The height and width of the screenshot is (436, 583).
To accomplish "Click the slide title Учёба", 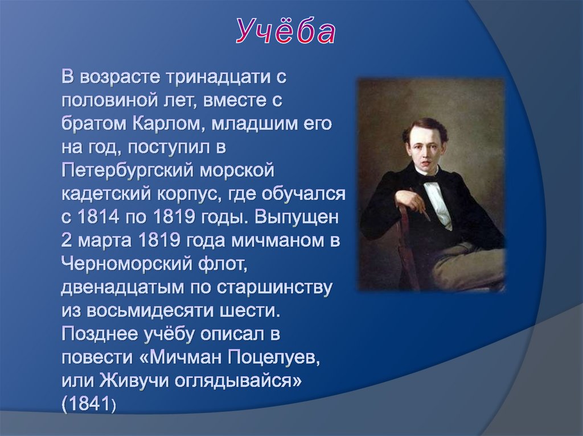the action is [x=286, y=31].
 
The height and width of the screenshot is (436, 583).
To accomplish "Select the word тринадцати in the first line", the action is [x=215, y=77].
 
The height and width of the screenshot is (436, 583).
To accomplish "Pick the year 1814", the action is [x=98, y=217].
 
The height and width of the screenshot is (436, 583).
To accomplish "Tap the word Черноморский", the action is [x=127, y=264].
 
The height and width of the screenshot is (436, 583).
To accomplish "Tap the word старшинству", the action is [x=274, y=288].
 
